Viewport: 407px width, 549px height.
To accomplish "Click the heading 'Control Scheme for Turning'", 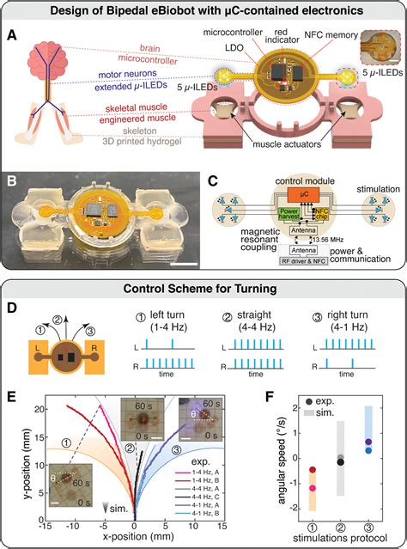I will [203, 287].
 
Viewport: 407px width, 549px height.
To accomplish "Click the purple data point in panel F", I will [368, 442].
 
